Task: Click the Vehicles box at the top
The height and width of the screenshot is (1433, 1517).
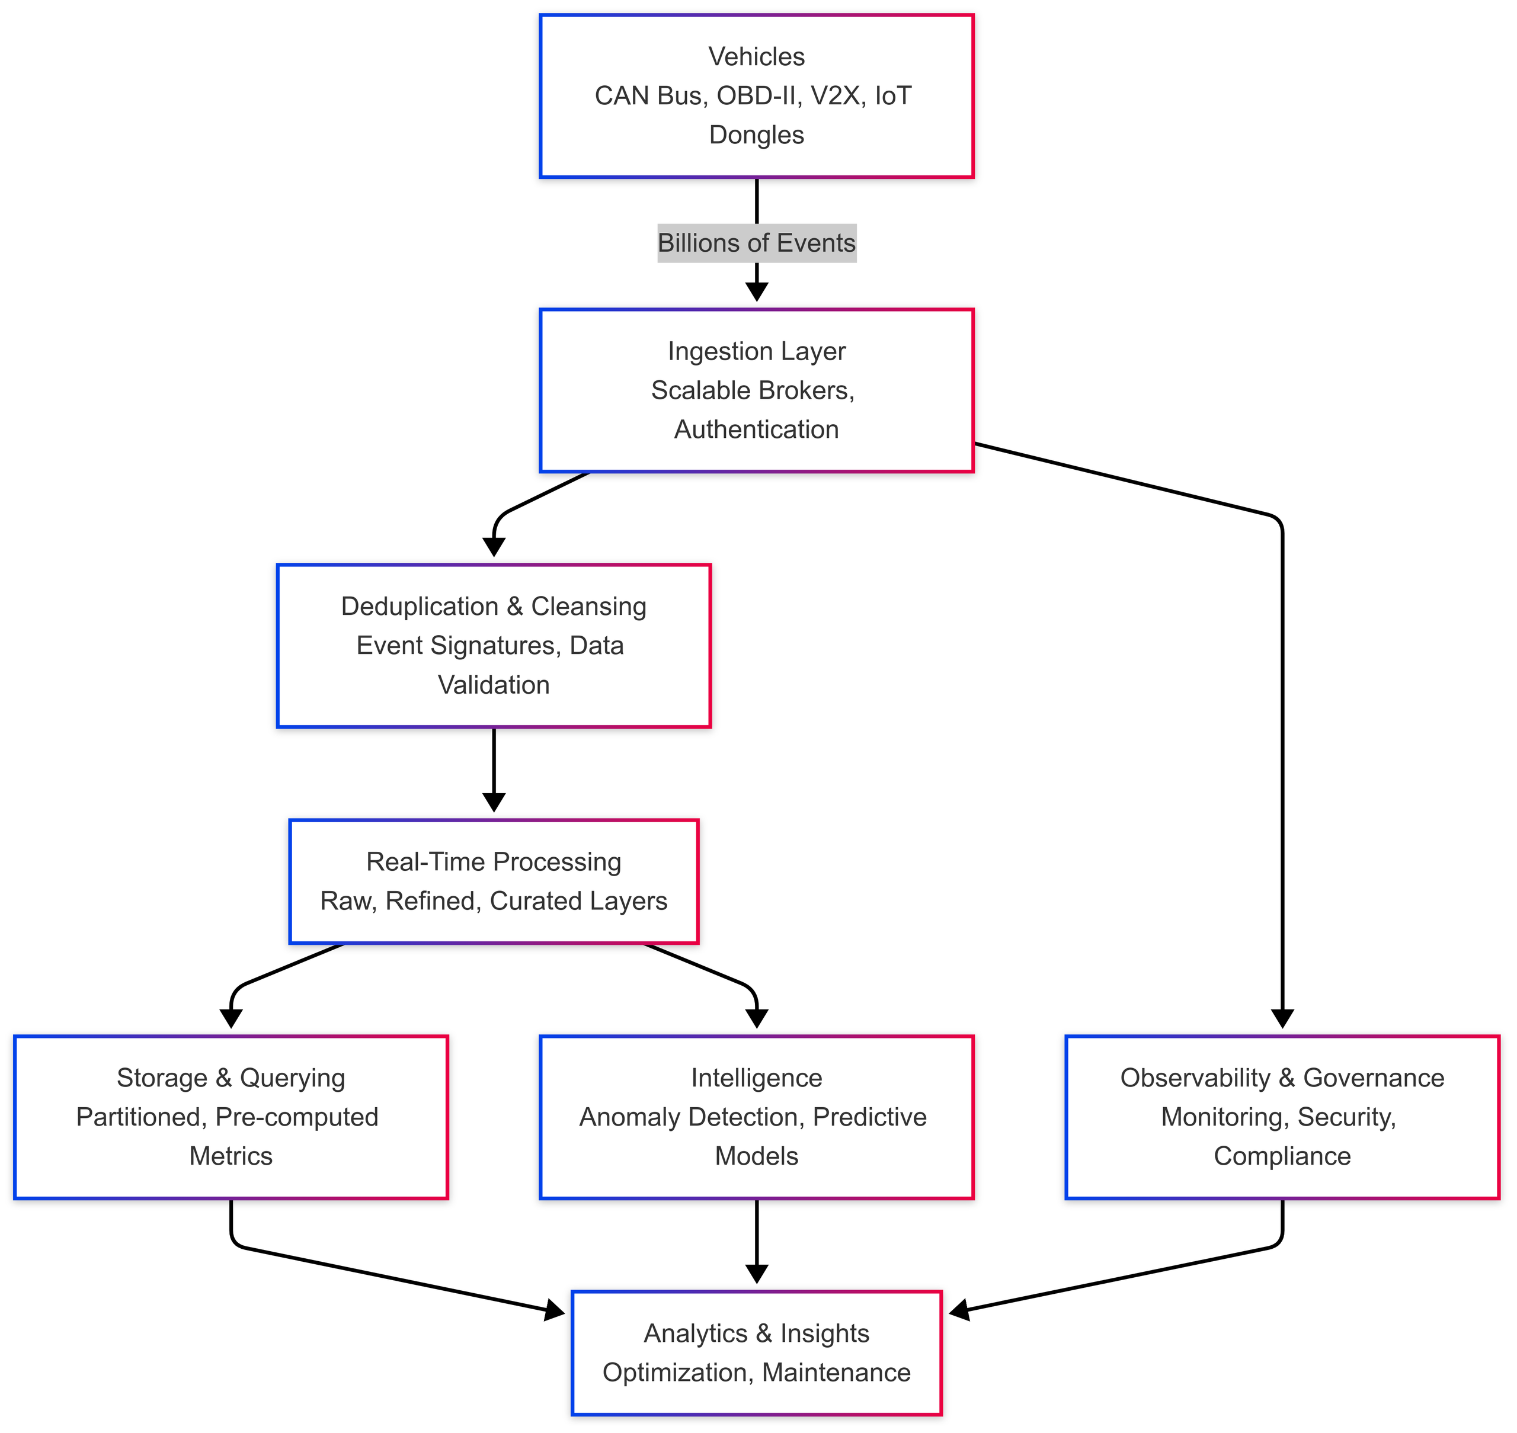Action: coord(757,96)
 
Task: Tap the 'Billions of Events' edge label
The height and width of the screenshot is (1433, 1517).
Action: coord(757,243)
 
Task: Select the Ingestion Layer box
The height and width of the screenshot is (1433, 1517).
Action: coord(757,390)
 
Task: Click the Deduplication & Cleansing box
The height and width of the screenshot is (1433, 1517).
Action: coord(494,646)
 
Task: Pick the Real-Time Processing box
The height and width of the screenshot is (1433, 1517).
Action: coord(494,881)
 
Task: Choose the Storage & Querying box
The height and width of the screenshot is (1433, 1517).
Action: coord(231,1117)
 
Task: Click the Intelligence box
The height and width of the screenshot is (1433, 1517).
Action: coord(757,1117)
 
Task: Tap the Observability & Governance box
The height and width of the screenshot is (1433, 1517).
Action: coord(1282,1117)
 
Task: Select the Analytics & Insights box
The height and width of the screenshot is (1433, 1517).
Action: coord(757,1353)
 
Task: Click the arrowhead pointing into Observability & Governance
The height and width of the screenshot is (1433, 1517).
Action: coord(1282,1019)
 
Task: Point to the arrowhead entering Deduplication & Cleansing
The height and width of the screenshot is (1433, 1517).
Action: coord(494,547)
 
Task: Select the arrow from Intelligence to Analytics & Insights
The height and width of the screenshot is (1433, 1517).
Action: coord(757,1241)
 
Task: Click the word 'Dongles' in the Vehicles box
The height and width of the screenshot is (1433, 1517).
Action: coord(757,135)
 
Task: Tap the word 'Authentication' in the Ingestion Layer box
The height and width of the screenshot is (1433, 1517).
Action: coord(757,429)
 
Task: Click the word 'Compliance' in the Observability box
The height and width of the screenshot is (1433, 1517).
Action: coord(1282,1156)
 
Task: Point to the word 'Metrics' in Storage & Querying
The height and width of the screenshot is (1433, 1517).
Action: coord(231,1156)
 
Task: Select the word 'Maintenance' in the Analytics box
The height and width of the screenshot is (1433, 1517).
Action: coord(836,1373)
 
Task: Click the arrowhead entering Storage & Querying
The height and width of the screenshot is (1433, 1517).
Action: coord(231,1019)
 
